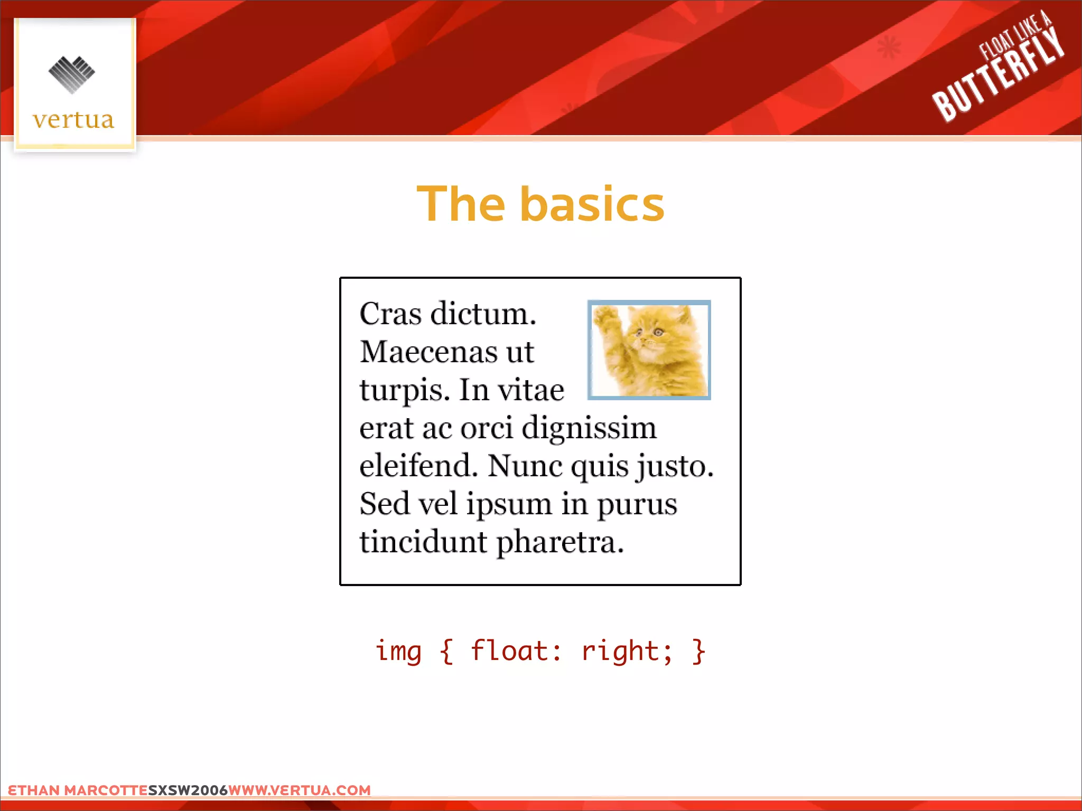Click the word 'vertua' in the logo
click(73, 120)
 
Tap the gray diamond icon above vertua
click(72, 74)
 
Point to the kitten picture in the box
click(649, 350)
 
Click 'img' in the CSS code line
click(398, 652)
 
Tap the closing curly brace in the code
click(699, 651)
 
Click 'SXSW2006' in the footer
click(188, 790)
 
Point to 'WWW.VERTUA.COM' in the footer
click(300, 790)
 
